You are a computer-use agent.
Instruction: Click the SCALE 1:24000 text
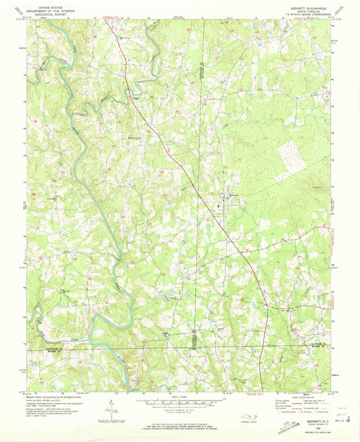click(x=180, y=395)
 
